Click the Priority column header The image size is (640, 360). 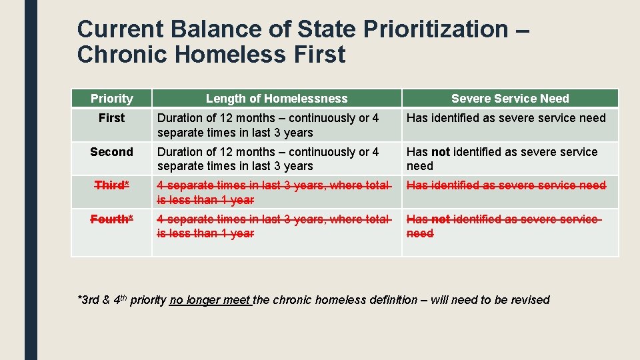tap(111, 99)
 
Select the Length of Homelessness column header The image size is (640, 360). tap(277, 99)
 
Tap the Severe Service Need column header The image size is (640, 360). tap(510, 99)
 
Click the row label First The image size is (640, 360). tap(111, 118)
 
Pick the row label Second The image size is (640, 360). tap(111, 152)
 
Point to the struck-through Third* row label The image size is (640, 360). tap(111, 185)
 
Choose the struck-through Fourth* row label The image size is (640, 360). tap(111, 219)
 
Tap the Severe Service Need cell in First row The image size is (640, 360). tap(506, 118)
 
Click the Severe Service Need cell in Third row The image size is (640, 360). tap(506, 185)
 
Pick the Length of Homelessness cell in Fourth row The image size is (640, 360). tap(273, 226)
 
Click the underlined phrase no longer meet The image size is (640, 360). tap(210, 300)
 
